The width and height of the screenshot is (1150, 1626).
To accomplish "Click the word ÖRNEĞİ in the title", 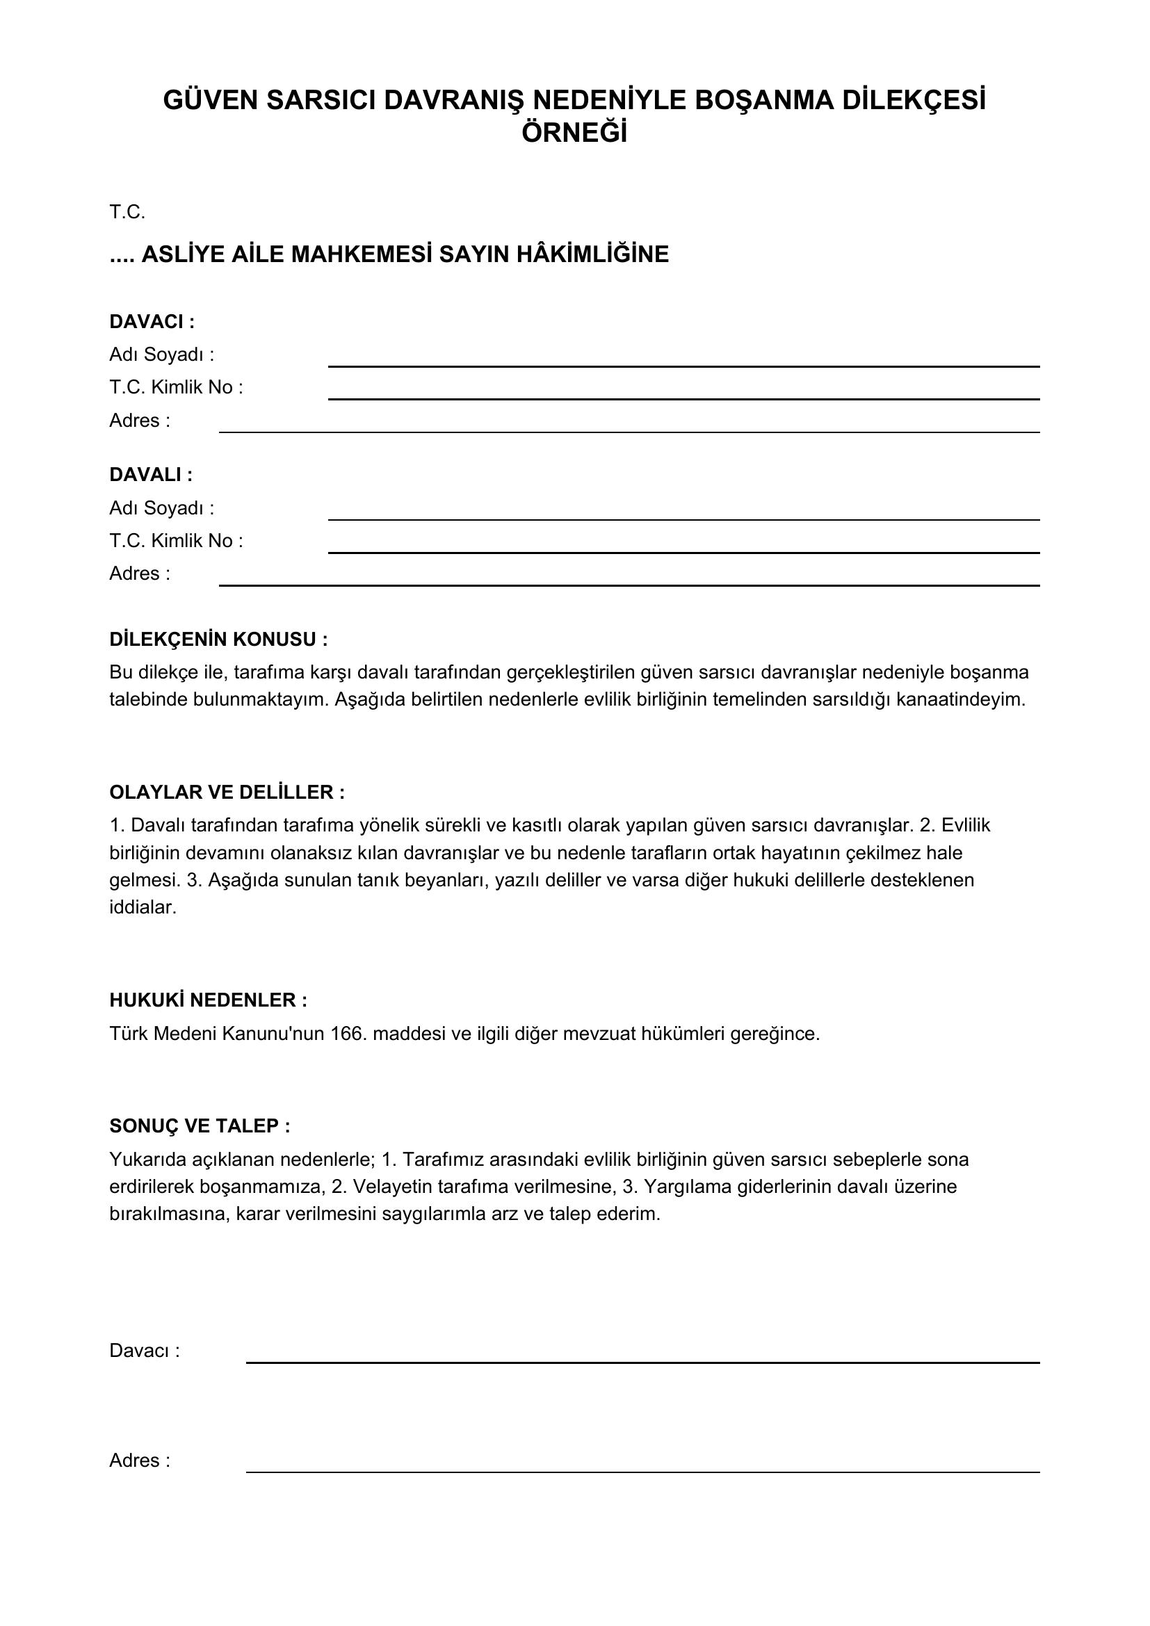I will (x=574, y=133).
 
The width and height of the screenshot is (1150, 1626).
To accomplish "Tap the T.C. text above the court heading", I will (x=127, y=212).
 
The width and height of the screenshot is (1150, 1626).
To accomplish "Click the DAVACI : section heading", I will (x=152, y=322).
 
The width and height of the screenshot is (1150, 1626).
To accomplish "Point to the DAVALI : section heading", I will (x=151, y=475).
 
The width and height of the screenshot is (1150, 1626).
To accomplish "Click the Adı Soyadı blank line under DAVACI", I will (x=683, y=366).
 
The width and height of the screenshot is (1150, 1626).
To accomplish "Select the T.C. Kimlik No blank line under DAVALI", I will (x=683, y=552).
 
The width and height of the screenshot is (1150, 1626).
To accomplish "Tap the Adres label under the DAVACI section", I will (x=140, y=421).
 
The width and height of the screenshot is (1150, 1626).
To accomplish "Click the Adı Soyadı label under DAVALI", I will (x=161, y=507).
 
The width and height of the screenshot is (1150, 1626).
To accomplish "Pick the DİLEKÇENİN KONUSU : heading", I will (x=218, y=640).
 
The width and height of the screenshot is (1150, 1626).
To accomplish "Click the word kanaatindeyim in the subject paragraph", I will (x=960, y=700).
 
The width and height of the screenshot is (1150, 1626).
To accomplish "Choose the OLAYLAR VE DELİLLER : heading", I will (x=227, y=792).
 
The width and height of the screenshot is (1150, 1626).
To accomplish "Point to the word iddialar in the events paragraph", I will (x=142, y=907).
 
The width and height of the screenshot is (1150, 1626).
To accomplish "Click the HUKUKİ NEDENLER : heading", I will (x=208, y=1000).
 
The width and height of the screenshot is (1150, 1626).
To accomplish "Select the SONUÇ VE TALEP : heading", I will (x=200, y=1126).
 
